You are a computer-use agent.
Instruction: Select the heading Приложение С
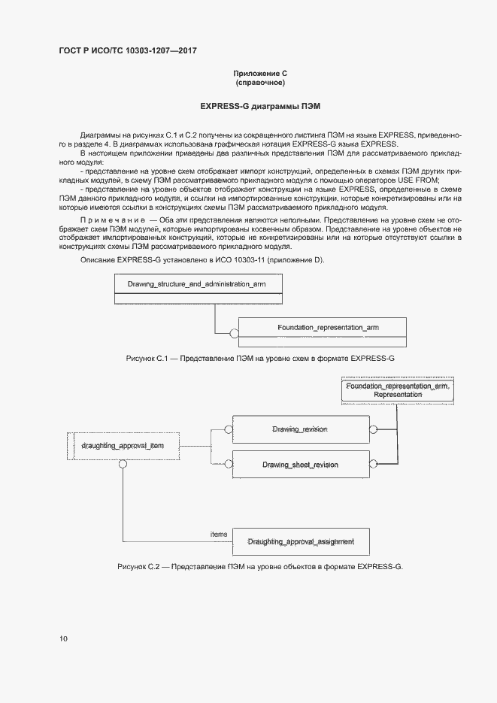point(259,73)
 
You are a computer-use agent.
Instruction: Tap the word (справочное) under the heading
point(259,83)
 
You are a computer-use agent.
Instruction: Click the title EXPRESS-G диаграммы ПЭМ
point(259,108)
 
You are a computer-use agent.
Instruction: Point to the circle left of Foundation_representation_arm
point(234,332)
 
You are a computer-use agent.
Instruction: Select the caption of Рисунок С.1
point(260,359)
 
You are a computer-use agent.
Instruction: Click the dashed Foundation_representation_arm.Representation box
point(398,390)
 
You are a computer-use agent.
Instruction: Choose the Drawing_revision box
point(300,430)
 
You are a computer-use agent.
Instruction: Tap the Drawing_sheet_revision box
point(300,465)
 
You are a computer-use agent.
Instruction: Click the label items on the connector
point(219,534)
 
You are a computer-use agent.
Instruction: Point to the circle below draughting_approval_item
point(120,464)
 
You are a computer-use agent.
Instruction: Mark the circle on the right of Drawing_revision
point(371,430)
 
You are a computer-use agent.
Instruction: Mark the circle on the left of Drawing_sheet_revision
point(229,465)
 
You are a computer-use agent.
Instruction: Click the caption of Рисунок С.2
point(260,566)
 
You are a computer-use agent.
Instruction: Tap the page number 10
point(63,639)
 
